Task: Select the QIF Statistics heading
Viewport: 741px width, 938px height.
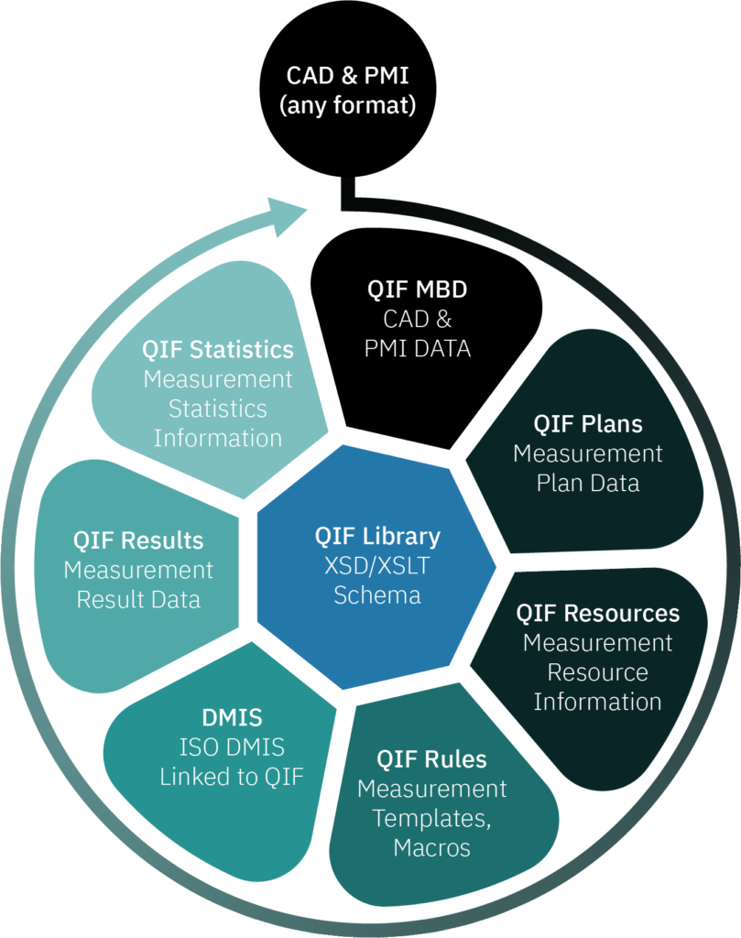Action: coord(218,350)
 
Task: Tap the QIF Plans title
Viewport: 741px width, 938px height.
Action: coord(588,424)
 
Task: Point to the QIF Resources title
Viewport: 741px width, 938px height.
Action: coord(597,613)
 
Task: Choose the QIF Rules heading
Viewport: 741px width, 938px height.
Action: coord(431,759)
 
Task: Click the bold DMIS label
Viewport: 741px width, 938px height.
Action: coord(231,717)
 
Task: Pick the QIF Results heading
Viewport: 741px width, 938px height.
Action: coord(138,540)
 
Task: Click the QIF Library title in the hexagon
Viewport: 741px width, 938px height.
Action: coord(377,536)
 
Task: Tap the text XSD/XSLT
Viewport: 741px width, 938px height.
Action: coord(377,565)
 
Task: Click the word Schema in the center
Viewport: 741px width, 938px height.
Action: coord(377,595)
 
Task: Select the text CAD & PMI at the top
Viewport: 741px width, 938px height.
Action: coord(347,75)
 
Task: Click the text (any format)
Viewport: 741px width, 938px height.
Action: coord(347,105)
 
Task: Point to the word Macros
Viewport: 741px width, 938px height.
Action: coord(431,847)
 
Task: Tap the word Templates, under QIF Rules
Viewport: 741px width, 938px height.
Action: coord(431,818)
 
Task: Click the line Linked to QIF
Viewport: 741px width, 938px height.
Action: coord(231,777)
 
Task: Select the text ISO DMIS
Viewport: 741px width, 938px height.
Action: coord(231,747)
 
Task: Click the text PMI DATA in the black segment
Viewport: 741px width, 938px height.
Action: coord(418,348)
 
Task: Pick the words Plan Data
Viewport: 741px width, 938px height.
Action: coord(588,483)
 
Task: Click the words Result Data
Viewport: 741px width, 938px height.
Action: coord(138,600)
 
